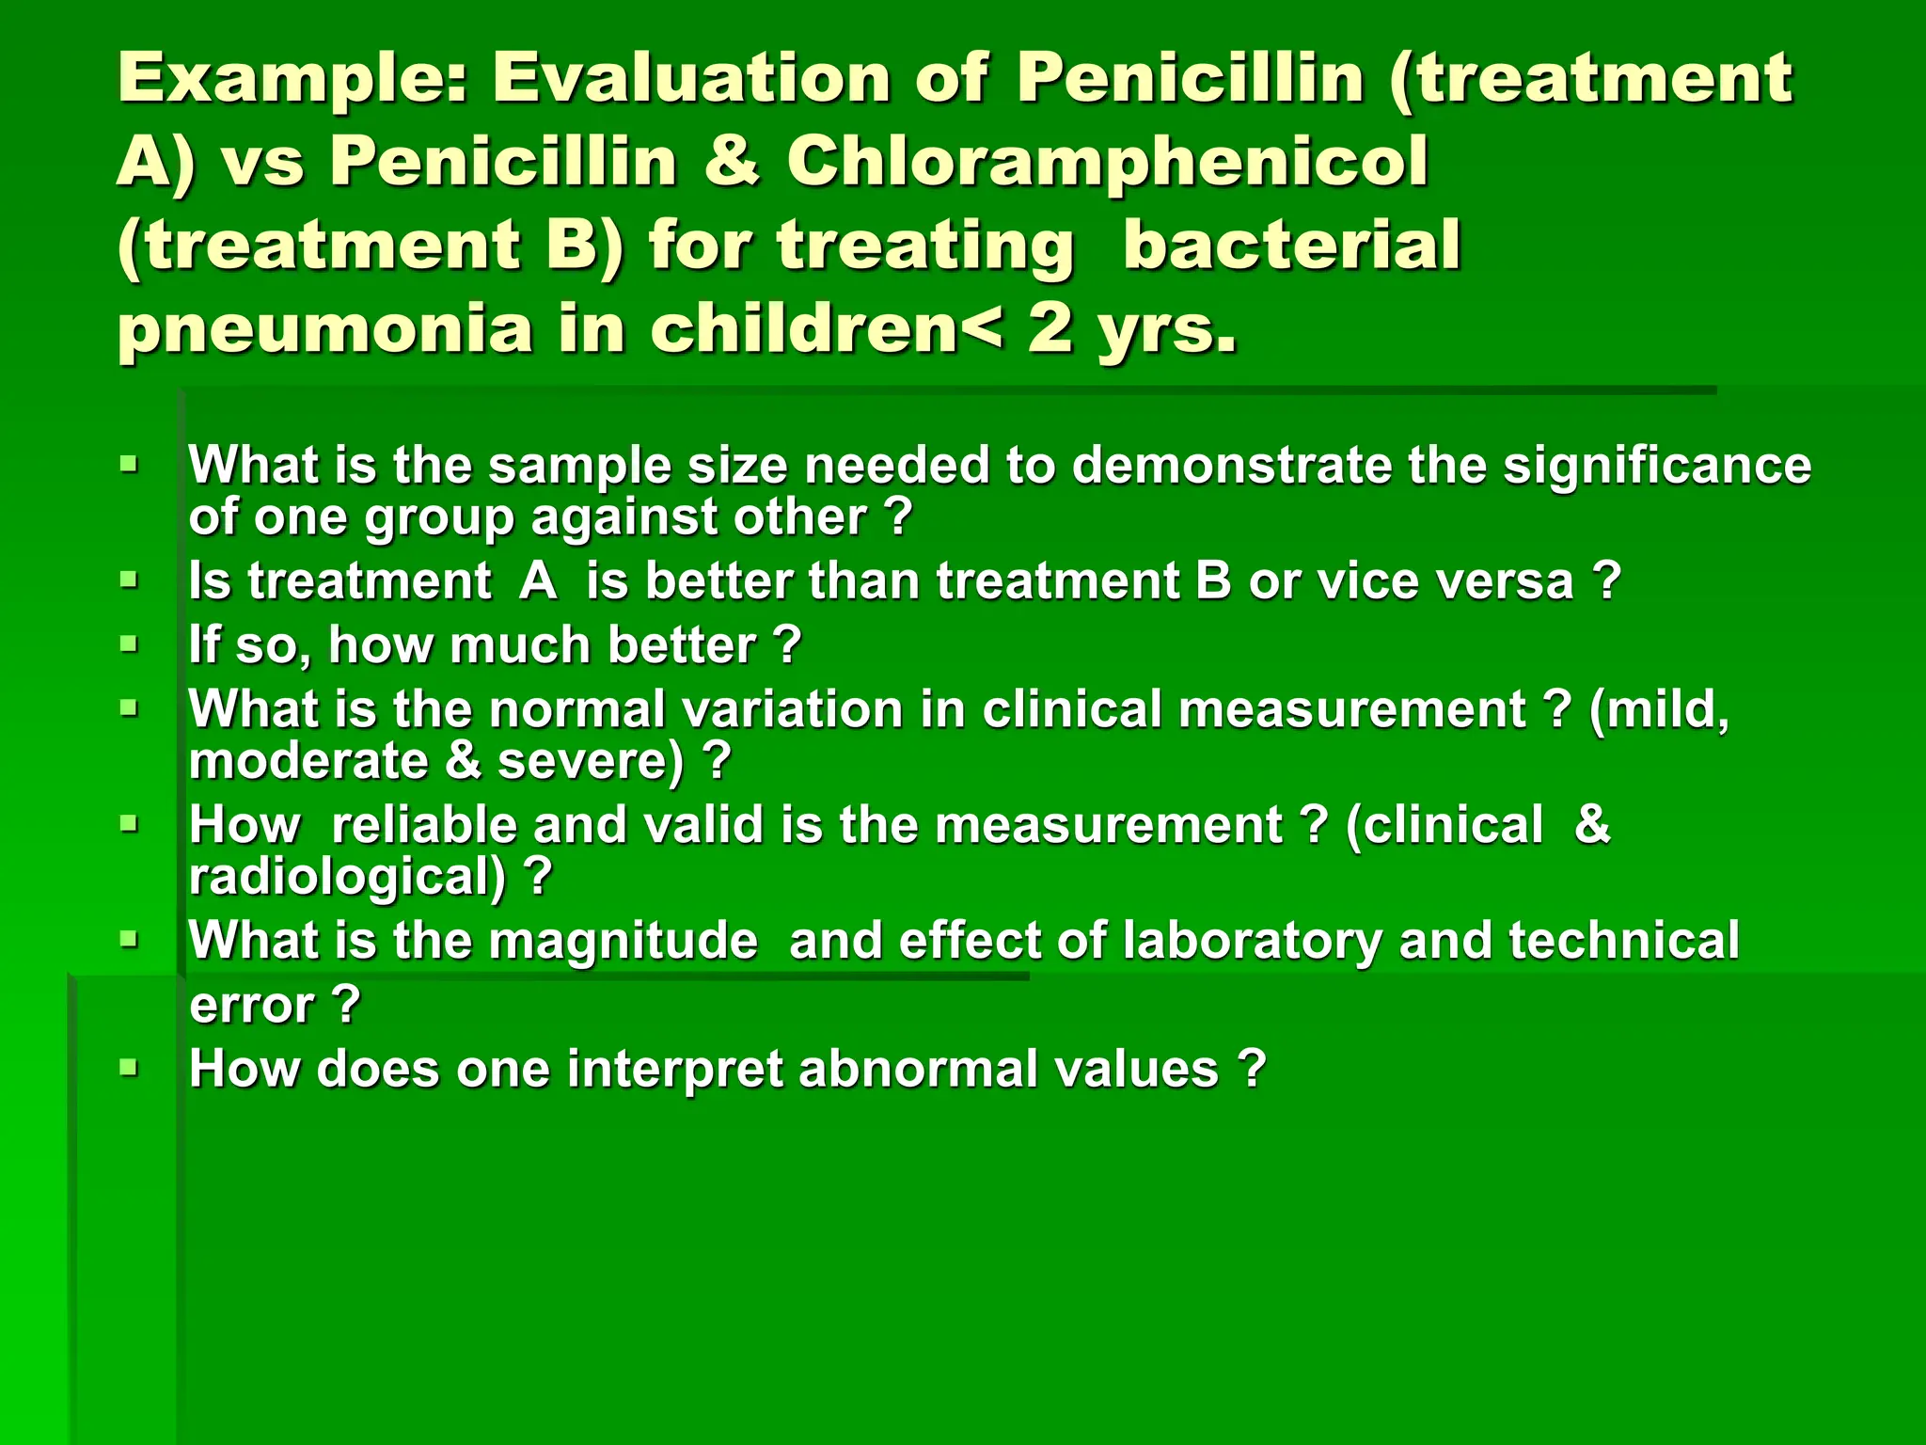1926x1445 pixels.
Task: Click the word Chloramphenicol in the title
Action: click(1107, 162)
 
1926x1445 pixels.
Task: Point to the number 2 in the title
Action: click(1051, 329)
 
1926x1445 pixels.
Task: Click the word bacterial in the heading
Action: click(1292, 245)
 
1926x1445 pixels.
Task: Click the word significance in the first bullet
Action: click(1656, 465)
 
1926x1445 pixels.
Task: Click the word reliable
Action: click(423, 825)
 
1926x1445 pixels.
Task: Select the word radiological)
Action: click(348, 877)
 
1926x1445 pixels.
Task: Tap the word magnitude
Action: click(623, 941)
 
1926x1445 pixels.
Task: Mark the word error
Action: click(251, 1005)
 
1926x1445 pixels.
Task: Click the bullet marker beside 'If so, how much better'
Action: click(130, 645)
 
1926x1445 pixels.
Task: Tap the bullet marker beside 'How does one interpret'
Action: click(130, 1069)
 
